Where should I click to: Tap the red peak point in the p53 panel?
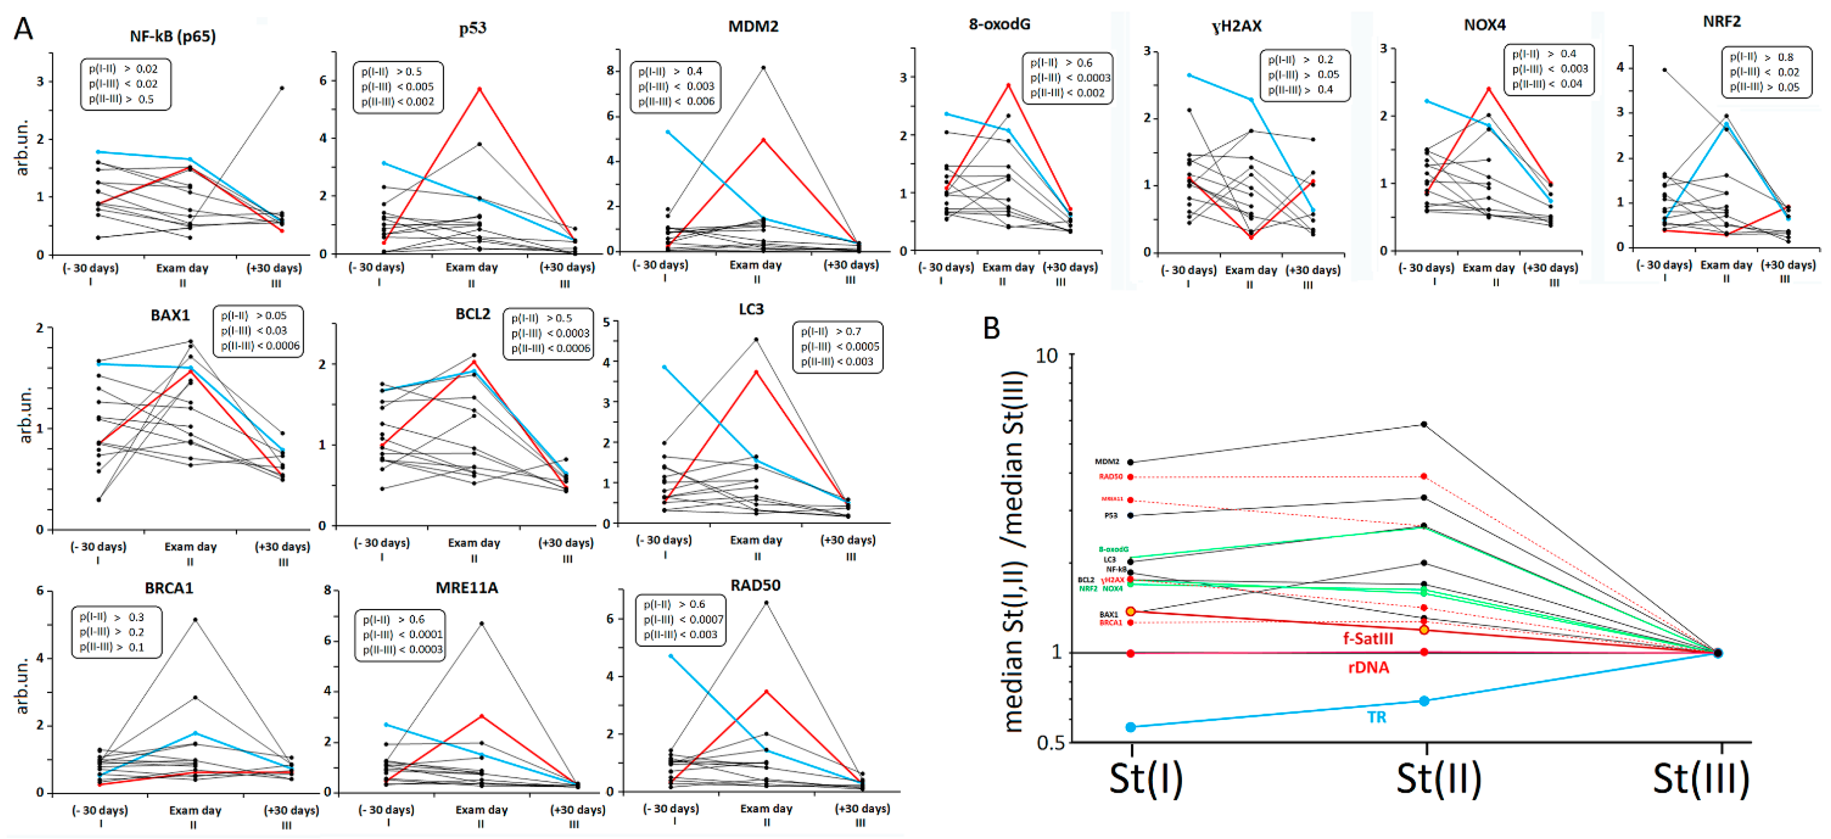(x=480, y=89)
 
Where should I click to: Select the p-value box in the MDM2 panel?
(x=676, y=87)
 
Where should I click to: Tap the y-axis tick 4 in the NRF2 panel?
(x=1620, y=68)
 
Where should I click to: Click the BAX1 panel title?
(x=170, y=315)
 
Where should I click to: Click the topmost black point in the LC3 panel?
(x=756, y=340)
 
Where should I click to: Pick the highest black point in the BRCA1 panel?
(x=195, y=620)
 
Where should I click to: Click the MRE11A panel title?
(x=466, y=588)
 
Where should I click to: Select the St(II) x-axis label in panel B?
(x=1438, y=779)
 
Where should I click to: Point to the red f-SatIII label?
(x=1368, y=639)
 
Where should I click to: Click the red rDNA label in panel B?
(x=1368, y=667)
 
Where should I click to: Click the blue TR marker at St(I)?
(x=1131, y=727)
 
